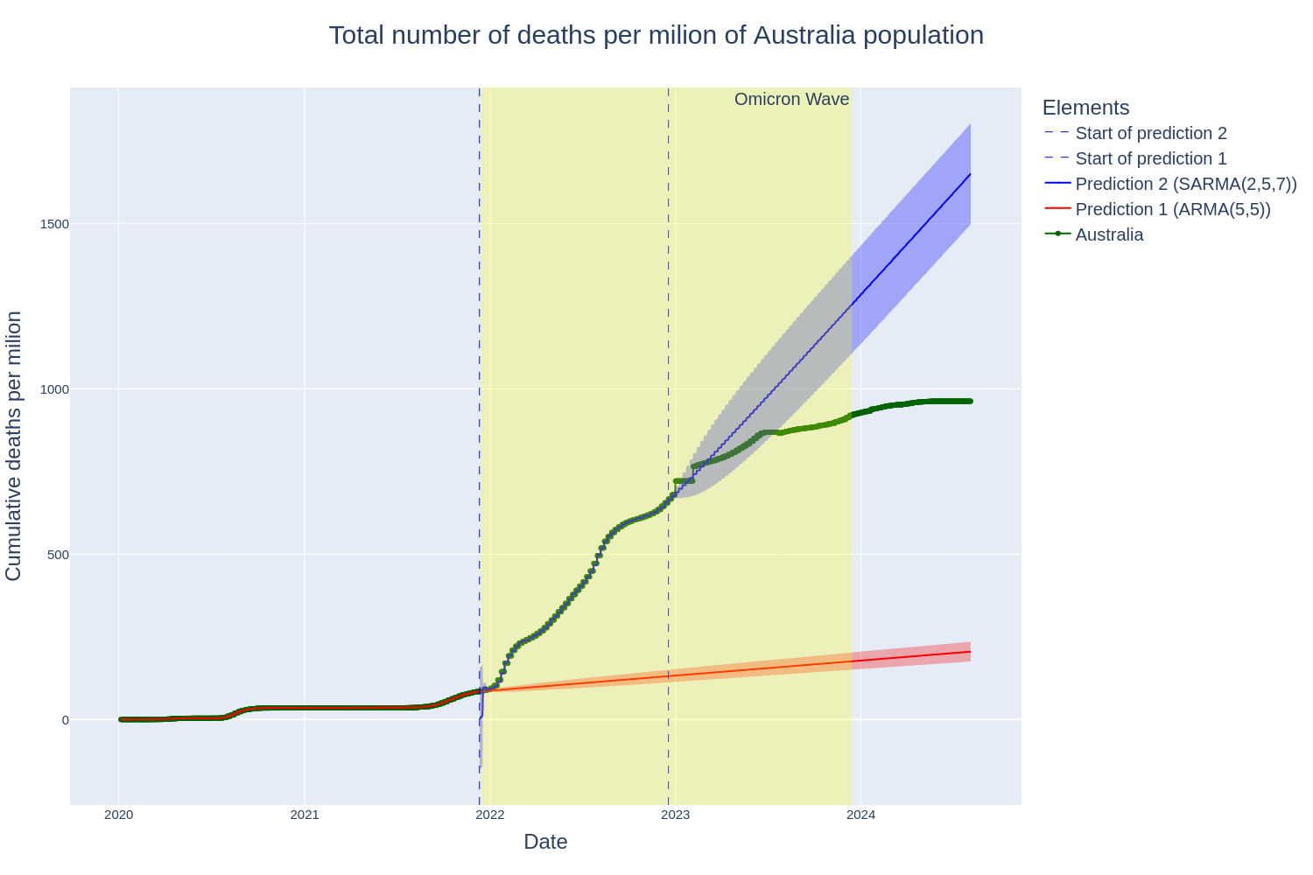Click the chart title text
pos(656,35)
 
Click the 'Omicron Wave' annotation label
pos(791,100)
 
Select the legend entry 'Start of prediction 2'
pos(1150,133)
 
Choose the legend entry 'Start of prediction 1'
pos(1150,158)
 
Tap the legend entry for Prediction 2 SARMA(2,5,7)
pos(1185,184)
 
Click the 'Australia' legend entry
pos(1108,234)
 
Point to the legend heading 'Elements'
pos(1085,108)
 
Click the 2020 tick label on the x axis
pos(119,815)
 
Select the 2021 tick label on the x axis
pos(305,815)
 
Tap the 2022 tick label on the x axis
pos(490,815)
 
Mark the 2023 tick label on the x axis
pos(676,815)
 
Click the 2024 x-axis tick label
pos(861,815)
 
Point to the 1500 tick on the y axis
pos(55,224)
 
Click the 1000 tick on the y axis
pos(55,389)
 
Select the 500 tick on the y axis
pos(58,555)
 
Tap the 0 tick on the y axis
pos(64,720)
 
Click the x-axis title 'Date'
pos(545,842)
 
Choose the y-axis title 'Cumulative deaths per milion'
pos(14,445)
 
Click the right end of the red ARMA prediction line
pos(970,652)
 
